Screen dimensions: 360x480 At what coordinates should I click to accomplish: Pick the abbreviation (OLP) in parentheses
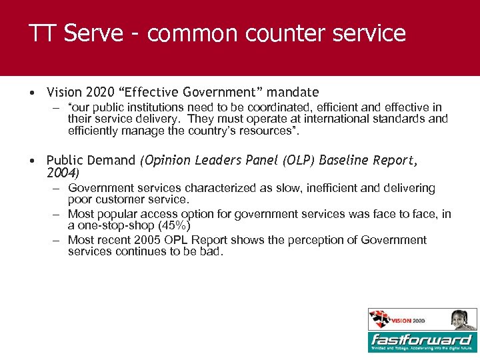[x=299, y=161]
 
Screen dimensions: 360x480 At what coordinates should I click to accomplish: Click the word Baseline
[x=345, y=161]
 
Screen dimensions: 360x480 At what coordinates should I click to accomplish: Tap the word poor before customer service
[x=80, y=200]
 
